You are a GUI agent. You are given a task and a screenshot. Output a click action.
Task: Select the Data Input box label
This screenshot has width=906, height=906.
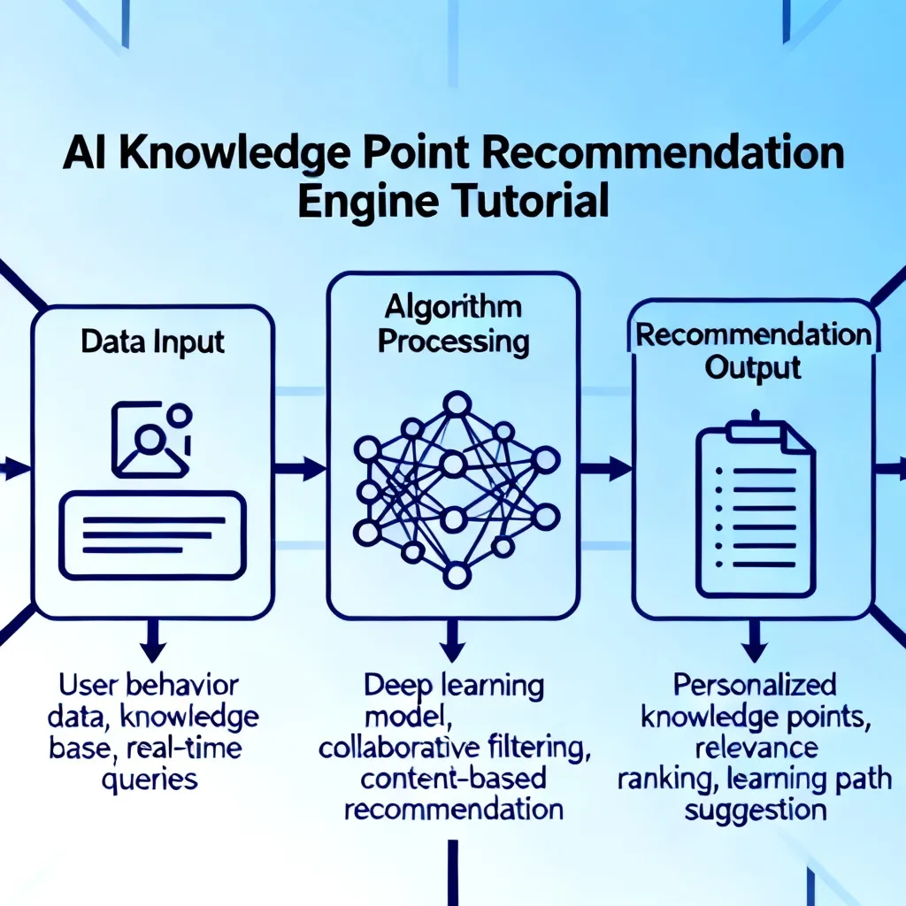[152, 342]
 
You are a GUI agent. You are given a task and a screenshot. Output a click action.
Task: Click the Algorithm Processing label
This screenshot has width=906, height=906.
[454, 324]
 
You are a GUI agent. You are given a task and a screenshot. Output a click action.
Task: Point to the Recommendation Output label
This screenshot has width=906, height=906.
[754, 350]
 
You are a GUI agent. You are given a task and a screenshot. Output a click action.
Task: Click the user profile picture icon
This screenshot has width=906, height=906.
[151, 440]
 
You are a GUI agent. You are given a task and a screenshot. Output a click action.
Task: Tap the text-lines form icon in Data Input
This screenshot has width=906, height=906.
[152, 535]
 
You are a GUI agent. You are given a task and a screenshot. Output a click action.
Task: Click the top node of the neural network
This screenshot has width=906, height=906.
[457, 403]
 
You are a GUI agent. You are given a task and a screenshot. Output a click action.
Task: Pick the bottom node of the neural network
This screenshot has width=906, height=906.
[457, 575]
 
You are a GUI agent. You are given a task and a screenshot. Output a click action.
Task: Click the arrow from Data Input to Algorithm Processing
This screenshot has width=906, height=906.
[300, 468]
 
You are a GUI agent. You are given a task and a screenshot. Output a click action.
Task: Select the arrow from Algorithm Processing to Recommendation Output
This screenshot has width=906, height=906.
[605, 468]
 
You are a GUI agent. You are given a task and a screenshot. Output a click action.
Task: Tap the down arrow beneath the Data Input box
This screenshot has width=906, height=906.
[153, 641]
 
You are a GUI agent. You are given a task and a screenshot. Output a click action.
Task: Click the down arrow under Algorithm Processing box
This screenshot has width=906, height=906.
[453, 641]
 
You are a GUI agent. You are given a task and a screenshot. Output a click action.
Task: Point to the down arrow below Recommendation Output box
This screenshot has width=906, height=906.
[754, 641]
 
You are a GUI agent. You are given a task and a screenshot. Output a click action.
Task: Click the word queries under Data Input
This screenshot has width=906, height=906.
[150, 780]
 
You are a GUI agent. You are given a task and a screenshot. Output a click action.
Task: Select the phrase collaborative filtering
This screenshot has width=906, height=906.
[454, 748]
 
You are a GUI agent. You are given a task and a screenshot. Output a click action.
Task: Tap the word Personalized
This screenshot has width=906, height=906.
[755, 686]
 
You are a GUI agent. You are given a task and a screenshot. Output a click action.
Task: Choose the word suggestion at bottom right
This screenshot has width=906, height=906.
[756, 810]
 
